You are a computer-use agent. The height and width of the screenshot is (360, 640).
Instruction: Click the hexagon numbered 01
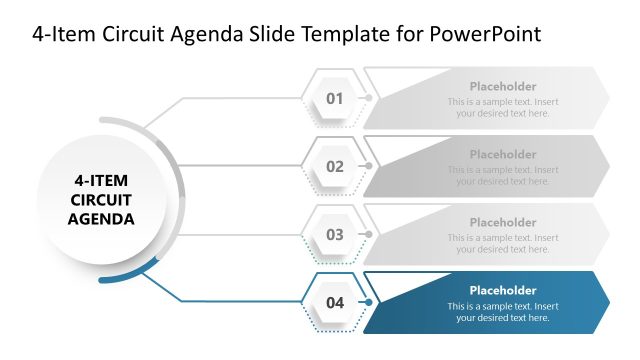coord(334,98)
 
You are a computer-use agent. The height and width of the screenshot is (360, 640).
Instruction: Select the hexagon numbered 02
coord(334,166)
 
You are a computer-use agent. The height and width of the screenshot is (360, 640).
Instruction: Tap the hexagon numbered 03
coord(334,234)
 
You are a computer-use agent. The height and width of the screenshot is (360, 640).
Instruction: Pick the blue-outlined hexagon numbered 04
coord(334,302)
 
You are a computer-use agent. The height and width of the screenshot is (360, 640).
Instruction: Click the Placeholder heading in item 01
coord(503,87)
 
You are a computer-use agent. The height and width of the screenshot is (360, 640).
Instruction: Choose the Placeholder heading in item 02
coord(503,155)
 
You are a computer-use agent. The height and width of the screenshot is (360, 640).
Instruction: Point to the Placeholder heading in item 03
coord(503,223)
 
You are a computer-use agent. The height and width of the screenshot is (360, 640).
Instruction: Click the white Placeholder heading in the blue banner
coord(503,291)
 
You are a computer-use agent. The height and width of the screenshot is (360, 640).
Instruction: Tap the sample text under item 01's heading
coord(503,108)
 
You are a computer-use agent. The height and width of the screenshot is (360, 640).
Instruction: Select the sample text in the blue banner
coord(503,312)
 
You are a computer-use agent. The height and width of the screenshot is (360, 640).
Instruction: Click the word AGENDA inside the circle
coord(101,218)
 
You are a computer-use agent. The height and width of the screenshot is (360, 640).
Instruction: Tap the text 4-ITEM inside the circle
coord(101,181)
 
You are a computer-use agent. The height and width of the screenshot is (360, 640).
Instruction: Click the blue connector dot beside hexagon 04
coord(369,302)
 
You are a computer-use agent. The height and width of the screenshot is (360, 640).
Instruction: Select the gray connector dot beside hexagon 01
coord(369,98)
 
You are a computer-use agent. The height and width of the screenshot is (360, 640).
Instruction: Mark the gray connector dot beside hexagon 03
coord(369,234)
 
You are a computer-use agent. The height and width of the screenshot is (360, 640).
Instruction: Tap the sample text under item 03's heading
coord(503,244)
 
